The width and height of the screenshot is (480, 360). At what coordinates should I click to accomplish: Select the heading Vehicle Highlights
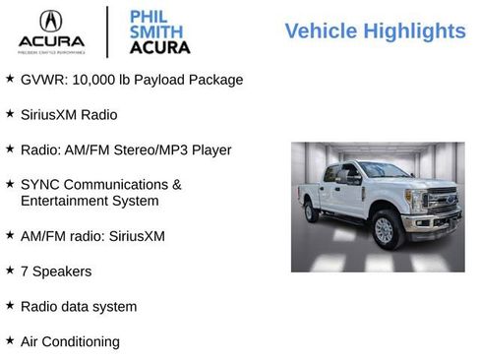375,31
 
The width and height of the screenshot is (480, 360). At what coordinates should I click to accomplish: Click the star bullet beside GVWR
10,78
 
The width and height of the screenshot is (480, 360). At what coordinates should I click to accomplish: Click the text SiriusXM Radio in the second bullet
69,115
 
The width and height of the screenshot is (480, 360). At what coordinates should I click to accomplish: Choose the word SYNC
41,184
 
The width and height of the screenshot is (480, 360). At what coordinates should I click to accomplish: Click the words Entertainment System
90,201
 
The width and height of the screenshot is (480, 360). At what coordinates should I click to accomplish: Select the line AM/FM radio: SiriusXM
92,236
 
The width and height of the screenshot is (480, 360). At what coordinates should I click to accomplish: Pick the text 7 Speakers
56,270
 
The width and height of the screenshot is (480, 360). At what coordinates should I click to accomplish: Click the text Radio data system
79,306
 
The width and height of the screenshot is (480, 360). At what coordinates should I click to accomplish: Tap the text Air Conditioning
70,341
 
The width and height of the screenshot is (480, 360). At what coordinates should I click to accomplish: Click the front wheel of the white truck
385,231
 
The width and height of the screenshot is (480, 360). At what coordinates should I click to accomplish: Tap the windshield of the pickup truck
385,170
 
